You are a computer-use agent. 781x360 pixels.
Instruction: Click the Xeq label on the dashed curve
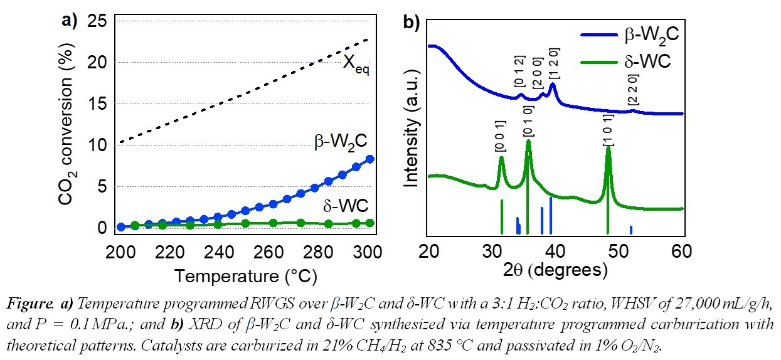(x=355, y=64)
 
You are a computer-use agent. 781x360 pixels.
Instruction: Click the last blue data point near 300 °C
(x=370, y=159)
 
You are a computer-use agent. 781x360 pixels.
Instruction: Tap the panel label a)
(x=70, y=21)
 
